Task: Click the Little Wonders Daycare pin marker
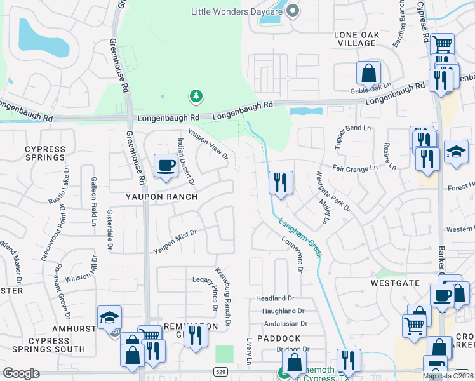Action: tap(293, 11)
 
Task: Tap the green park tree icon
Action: tap(196, 97)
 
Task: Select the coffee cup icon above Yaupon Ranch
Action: tap(166, 166)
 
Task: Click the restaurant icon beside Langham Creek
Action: tap(280, 183)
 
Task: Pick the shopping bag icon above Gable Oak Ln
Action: tap(368, 73)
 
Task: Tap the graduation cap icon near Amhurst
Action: tap(110, 317)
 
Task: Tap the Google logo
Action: tap(21, 373)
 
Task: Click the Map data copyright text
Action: tap(447, 376)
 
